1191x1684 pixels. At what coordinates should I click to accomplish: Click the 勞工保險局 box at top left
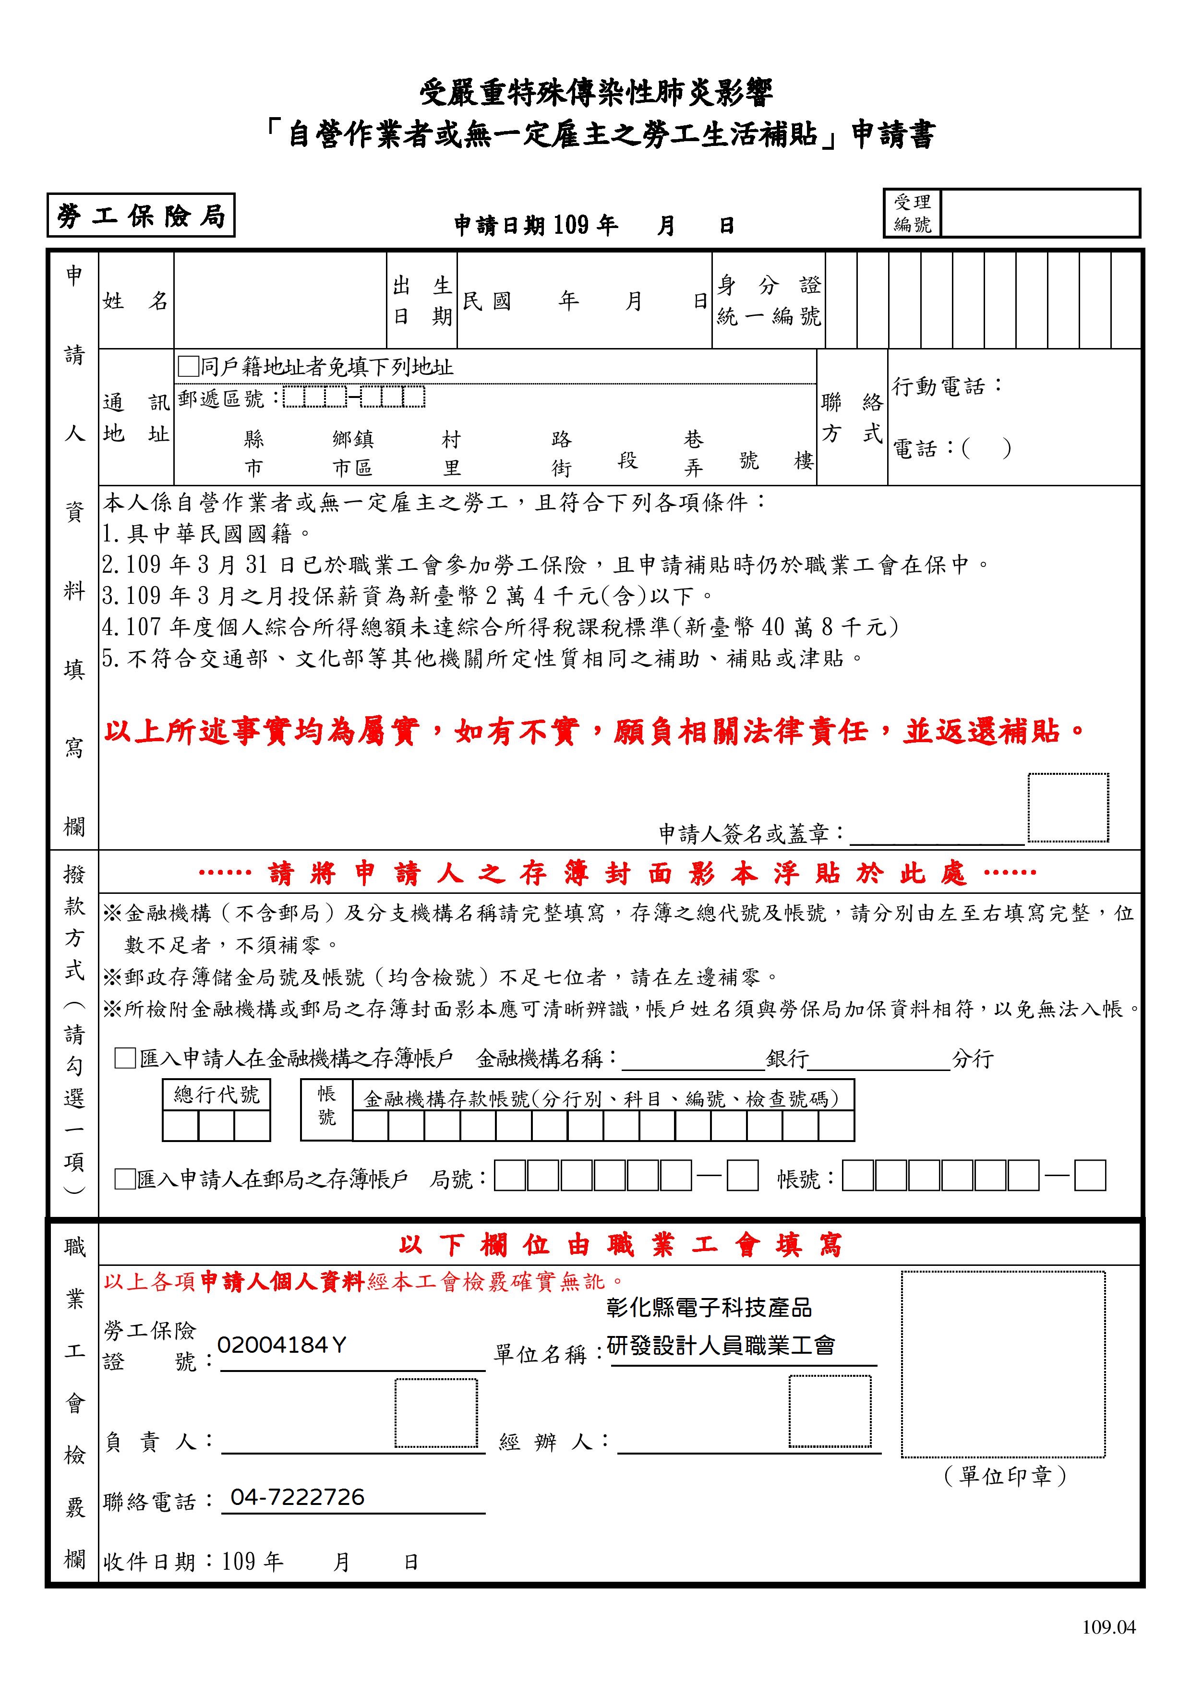click(x=140, y=216)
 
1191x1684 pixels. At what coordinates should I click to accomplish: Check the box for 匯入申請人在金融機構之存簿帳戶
click(x=125, y=1059)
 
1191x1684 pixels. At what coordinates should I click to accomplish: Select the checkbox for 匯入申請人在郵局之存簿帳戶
click(x=125, y=1179)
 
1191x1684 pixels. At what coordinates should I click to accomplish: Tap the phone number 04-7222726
click(x=297, y=1497)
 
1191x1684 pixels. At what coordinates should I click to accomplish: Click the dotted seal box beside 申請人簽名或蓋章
click(x=1067, y=807)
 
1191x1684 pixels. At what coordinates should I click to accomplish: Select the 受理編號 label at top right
click(x=912, y=214)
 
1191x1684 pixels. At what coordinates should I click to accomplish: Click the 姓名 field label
click(x=136, y=301)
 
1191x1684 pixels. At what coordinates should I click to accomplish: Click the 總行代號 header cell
click(x=217, y=1095)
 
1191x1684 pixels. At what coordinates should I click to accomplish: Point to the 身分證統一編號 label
click(x=769, y=301)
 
